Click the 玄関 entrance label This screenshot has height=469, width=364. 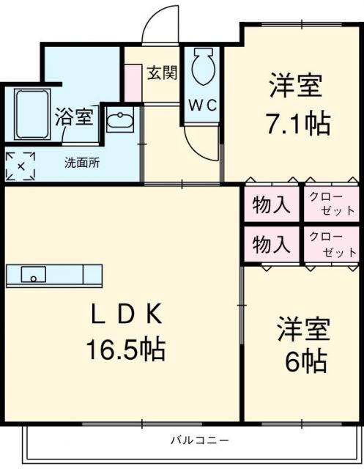(162, 73)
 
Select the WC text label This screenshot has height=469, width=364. (201, 106)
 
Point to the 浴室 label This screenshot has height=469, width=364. (74, 117)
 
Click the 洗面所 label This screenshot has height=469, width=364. (81, 162)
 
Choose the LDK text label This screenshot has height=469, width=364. (125, 315)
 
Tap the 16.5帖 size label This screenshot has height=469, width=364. (125, 348)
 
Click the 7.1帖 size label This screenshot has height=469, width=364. (297, 122)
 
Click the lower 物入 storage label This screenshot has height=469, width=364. (270, 244)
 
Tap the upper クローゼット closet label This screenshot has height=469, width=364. (330, 203)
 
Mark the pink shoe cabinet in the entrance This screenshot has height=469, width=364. (133, 83)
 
